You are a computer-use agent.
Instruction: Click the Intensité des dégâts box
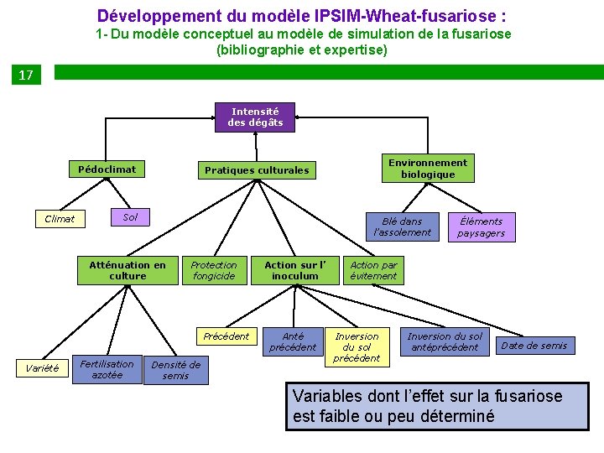(x=255, y=117)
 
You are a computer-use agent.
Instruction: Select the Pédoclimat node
(x=107, y=169)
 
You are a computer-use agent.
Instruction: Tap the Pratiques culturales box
(x=257, y=170)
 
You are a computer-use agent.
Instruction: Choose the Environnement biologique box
(x=427, y=169)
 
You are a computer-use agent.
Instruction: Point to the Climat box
(x=60, y=219)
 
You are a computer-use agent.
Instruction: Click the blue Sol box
(x=130, y=217)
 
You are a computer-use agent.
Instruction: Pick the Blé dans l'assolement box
(x=402, y=226)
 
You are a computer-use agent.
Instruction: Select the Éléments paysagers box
(x=481, y=227)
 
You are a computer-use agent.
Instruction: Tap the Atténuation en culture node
(x=128, y=270)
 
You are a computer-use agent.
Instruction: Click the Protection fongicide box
(x=214, y=270)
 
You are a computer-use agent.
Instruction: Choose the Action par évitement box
(x=373, y=270)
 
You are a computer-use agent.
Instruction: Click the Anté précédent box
(x=293, y=341)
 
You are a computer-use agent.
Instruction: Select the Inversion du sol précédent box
(x=357, y=347)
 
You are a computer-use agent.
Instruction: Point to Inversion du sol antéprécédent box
(x=445, y=341)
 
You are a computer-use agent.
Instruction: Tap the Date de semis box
(x=534, y=345)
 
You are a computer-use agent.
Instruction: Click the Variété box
(x=43, y=367)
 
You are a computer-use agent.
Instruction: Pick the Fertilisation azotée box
(x=107, y=370)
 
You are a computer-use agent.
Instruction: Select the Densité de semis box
(x=175, y=370)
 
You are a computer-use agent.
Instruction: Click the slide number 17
(x=26, y=75)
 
